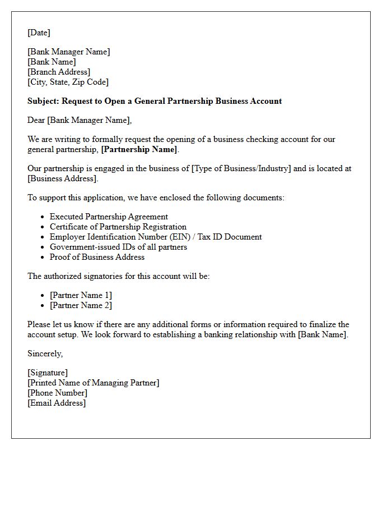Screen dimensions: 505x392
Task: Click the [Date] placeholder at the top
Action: point(39,33)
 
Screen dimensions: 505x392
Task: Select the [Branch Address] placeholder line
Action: point(59,72)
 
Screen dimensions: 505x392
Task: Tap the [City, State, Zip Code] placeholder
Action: point(68,82)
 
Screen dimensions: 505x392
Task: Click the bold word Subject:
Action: point(43,101)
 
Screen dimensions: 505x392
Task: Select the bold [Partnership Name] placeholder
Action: point(139,149)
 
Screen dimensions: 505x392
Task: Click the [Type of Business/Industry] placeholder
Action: point(241,168)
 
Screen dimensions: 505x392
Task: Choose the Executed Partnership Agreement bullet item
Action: point(109,217)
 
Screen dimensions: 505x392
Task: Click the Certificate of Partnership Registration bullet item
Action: point(118,227)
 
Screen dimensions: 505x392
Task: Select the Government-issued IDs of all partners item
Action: point(118,247)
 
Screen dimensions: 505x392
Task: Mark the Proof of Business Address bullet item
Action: point(97,257)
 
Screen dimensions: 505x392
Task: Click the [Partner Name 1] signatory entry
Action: point(81,295)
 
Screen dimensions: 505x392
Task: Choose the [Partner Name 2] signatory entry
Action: point(81,305)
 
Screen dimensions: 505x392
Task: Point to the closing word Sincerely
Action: point(45,353)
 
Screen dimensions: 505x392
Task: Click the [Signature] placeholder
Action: point(48,373)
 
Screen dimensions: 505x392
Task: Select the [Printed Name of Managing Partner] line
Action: point(94,383)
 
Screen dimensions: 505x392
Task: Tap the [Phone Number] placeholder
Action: point(57,393)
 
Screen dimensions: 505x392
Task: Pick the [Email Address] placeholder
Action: point(57,403)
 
